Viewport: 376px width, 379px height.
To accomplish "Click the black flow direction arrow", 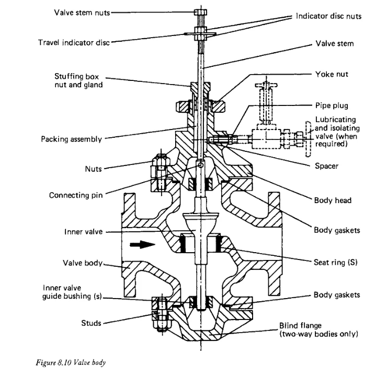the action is pos(142,244).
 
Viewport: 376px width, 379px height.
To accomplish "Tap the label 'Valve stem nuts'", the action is pos(82,13).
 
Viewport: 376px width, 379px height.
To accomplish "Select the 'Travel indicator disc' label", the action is pos(74,42).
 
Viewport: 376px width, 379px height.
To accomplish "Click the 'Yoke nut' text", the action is pos(332,74).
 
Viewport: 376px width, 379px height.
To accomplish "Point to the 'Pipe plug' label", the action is pos(332,105).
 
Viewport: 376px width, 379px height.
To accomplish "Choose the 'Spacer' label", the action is pos(327,166).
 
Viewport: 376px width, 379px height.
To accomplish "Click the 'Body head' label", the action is pos(333,200).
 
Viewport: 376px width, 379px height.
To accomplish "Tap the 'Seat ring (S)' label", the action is pos(336,262).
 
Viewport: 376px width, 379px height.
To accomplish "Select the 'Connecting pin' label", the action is pos(76,195).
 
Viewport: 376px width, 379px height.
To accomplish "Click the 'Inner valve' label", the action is pos(84,232).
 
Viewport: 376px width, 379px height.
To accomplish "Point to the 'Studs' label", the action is pos(91,323).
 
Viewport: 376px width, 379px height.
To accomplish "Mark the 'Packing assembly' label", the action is pos(72,139).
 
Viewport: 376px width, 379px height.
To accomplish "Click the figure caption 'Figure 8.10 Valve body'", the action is pos(71,363).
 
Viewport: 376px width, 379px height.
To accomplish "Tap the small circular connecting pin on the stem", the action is pos(200,165).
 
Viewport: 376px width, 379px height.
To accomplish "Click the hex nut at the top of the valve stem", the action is pos(200,12).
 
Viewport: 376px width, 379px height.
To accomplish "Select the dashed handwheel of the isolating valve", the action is pos(308,139).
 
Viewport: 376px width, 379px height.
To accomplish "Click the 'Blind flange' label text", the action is pos(300,326).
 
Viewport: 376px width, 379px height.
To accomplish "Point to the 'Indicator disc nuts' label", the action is pos(328,16).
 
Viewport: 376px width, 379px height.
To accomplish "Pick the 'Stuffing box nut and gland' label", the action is pos(78,80).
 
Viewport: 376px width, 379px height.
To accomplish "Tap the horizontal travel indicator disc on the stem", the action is pos(200,34).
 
